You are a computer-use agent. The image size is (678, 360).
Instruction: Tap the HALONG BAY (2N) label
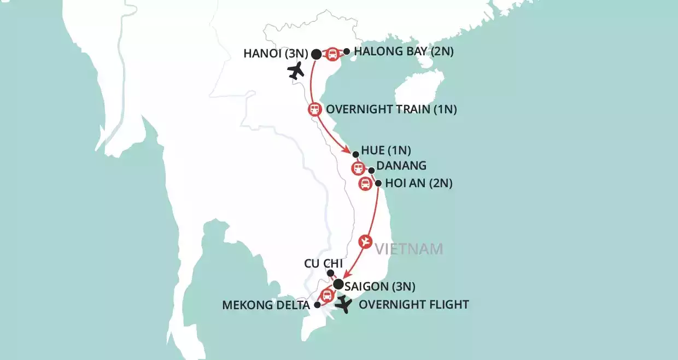[404, 53]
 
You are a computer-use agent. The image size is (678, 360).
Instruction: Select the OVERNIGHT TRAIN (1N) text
[391, 109]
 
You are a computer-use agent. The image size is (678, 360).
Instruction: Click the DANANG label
[402, 166]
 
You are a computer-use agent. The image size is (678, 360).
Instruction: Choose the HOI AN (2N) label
[419, 184]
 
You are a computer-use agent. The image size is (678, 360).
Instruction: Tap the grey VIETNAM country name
[408, 249]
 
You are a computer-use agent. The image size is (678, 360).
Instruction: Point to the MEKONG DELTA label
[266, 305]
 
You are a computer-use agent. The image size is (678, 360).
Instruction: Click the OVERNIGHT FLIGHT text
[414, 305]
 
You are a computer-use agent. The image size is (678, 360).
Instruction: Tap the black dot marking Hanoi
[316, 54]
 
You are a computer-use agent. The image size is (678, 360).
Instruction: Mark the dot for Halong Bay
[346, 51]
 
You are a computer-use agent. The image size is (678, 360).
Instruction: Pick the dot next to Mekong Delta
[317, 305]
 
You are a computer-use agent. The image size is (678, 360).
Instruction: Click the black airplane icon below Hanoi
[297, 71]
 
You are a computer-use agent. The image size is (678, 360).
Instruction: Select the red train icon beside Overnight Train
[314, 109]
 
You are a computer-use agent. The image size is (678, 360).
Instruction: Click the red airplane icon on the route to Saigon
[365, 241]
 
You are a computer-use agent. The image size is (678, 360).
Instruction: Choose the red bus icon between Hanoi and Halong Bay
[332, 54]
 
